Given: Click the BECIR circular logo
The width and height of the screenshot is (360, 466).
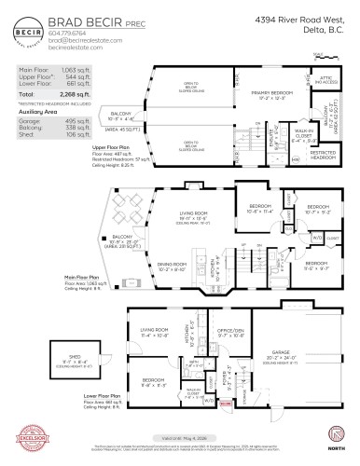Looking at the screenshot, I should coord(21,30).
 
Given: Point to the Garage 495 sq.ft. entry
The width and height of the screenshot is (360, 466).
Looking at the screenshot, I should coord(55,116).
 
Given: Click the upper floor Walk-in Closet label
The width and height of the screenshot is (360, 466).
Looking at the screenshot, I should coord(290,112).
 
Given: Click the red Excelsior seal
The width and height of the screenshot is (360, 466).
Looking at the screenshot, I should coord(25,438).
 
